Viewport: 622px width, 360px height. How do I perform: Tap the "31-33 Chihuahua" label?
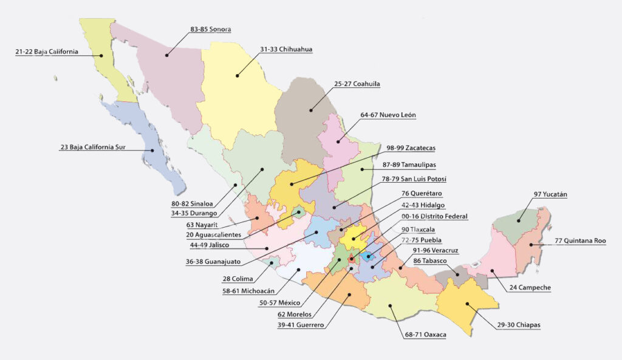[286, 49]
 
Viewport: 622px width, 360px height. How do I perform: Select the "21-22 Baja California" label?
[47, 52]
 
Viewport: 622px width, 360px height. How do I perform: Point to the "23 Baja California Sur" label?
[92, 147]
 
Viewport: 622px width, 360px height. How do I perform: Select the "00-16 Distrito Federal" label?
[435, 216]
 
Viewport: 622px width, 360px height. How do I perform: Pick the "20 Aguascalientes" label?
[214, 234]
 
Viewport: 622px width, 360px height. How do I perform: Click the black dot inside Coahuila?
[310, 110]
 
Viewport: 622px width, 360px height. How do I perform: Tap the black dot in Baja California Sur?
[152, 150]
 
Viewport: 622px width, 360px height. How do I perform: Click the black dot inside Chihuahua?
[238, 75]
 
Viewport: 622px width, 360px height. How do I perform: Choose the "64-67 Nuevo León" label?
[388, 115]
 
